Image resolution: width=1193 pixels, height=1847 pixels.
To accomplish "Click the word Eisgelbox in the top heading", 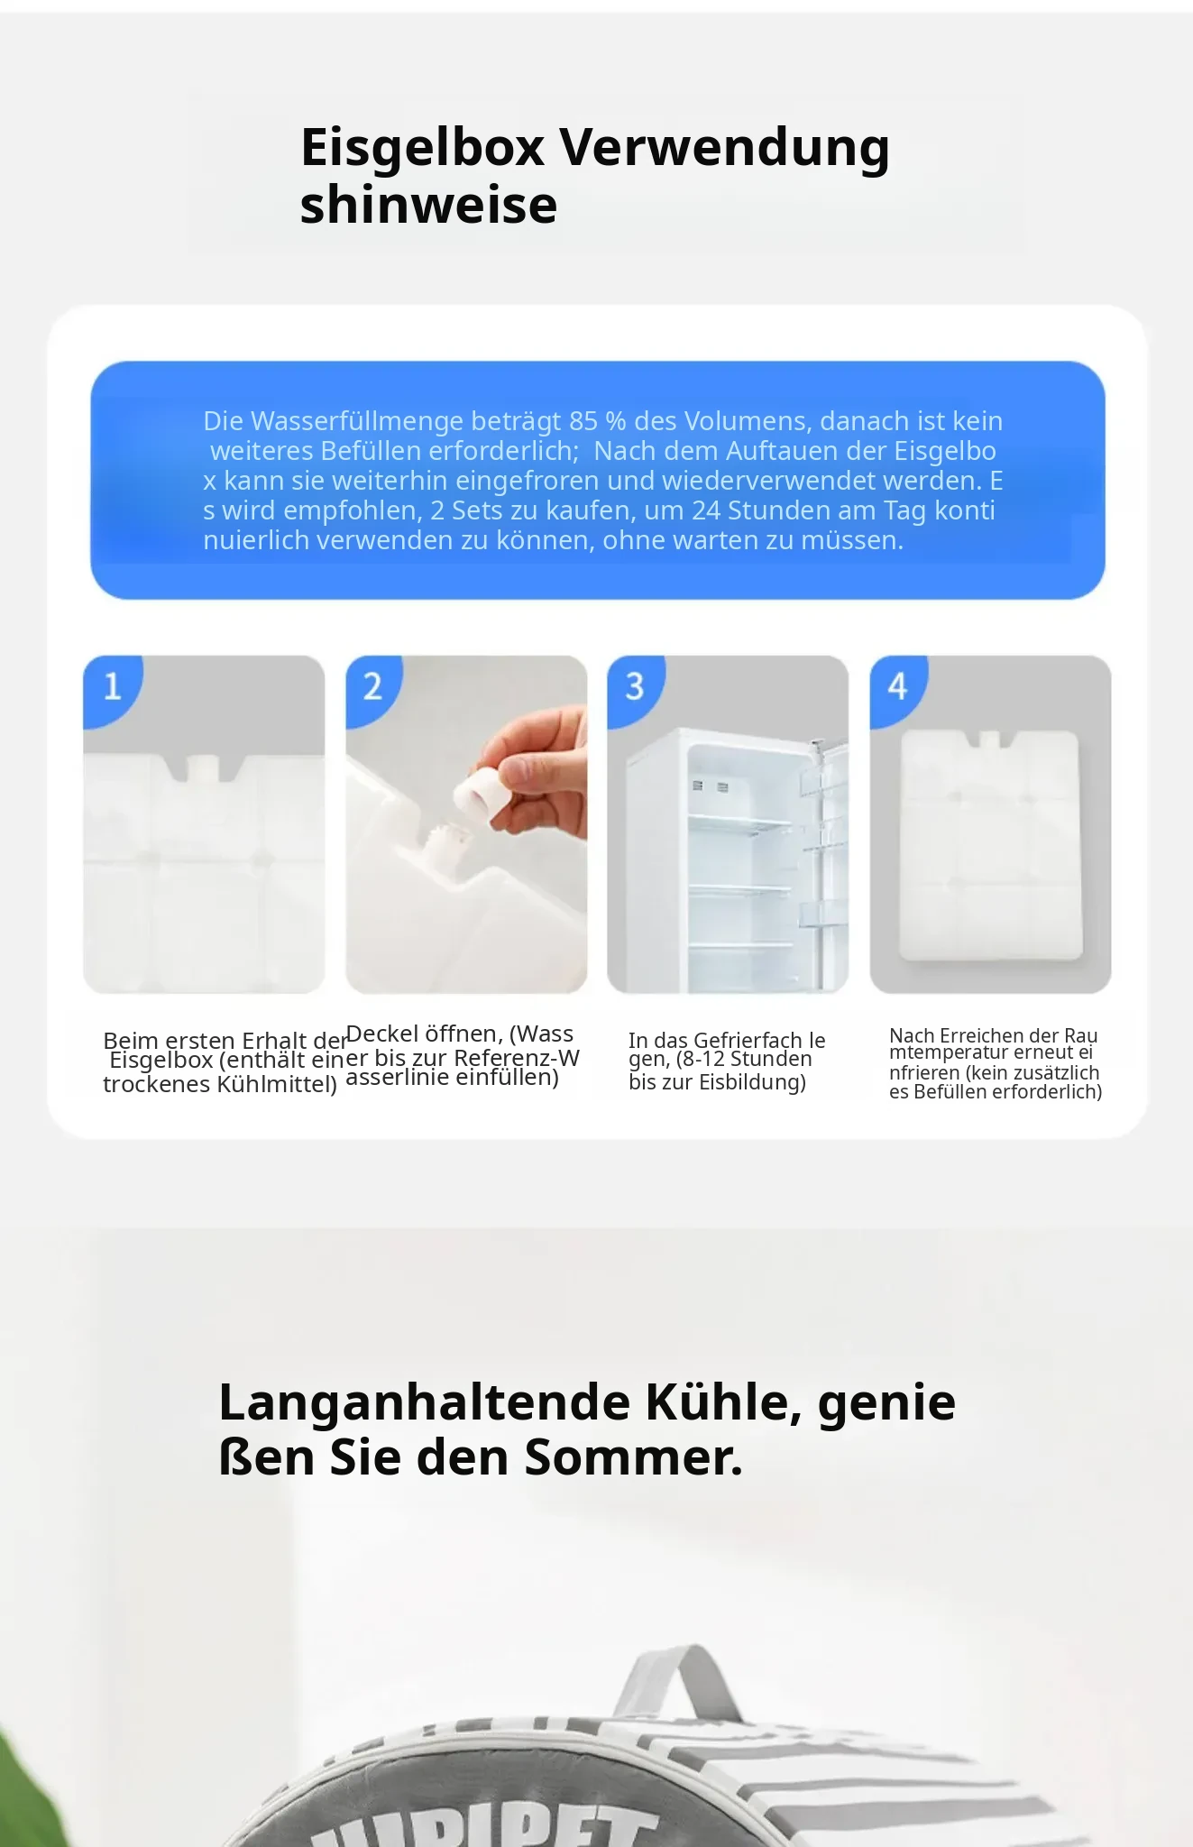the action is coord(423,147).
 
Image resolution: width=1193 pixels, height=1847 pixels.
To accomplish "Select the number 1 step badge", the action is coord(112,688).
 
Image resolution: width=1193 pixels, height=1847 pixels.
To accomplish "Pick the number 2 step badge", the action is coord(372,688).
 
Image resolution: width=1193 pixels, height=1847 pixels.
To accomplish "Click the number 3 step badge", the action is coord(635,688).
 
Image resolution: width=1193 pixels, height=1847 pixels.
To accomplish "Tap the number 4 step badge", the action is coord(897,688).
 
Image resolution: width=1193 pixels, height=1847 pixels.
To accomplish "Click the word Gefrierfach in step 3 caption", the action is coord(748,1040).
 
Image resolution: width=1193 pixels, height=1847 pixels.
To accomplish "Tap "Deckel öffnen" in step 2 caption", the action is coord(422,1034).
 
